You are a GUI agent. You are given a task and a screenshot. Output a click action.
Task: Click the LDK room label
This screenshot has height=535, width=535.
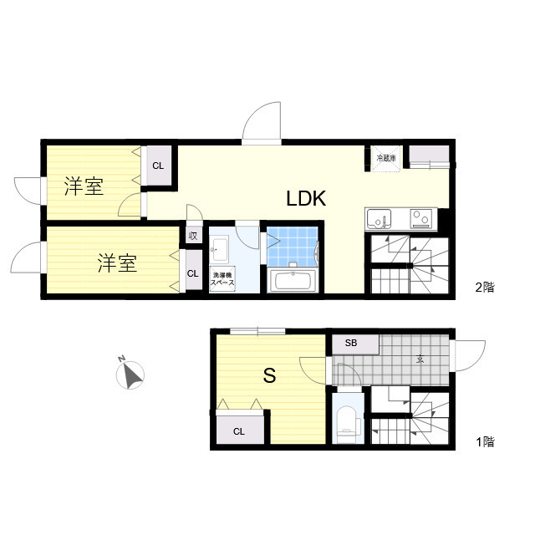(x=305, y=199)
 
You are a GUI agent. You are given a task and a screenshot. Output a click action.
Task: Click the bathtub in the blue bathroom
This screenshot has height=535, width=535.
(x=293, y=280)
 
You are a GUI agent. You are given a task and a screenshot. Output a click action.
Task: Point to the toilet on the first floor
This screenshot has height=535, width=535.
(x=344, y=424)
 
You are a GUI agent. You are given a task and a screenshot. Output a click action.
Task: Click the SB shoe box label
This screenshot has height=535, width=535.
(x=350, y=344)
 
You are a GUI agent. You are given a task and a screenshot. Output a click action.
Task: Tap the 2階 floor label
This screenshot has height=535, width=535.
(x=485, y=288)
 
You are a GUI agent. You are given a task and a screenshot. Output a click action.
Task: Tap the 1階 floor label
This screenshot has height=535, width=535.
(x=485, y=442)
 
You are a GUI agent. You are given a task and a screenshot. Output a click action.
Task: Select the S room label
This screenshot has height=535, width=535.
(x=269, y=376)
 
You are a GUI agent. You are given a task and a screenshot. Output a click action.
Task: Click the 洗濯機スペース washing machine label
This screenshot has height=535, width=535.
(x=222, y=279)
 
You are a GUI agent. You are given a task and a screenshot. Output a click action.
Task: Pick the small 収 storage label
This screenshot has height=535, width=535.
(x=193, y=236)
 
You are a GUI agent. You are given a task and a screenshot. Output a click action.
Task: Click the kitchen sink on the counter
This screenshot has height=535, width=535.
(x=380, y=218)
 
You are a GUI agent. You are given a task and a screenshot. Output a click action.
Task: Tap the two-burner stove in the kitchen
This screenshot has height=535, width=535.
(x=420, y=218)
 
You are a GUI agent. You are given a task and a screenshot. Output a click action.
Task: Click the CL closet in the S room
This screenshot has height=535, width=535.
(x=239, y=431)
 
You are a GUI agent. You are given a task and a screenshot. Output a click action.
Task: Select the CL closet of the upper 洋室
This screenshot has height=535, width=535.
(x=158, y=166)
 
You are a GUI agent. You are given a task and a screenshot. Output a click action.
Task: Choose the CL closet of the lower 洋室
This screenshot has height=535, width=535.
(x=192, y=273)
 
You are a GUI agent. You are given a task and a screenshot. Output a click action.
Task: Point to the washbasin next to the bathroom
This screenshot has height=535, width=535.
(x=222, y=249)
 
